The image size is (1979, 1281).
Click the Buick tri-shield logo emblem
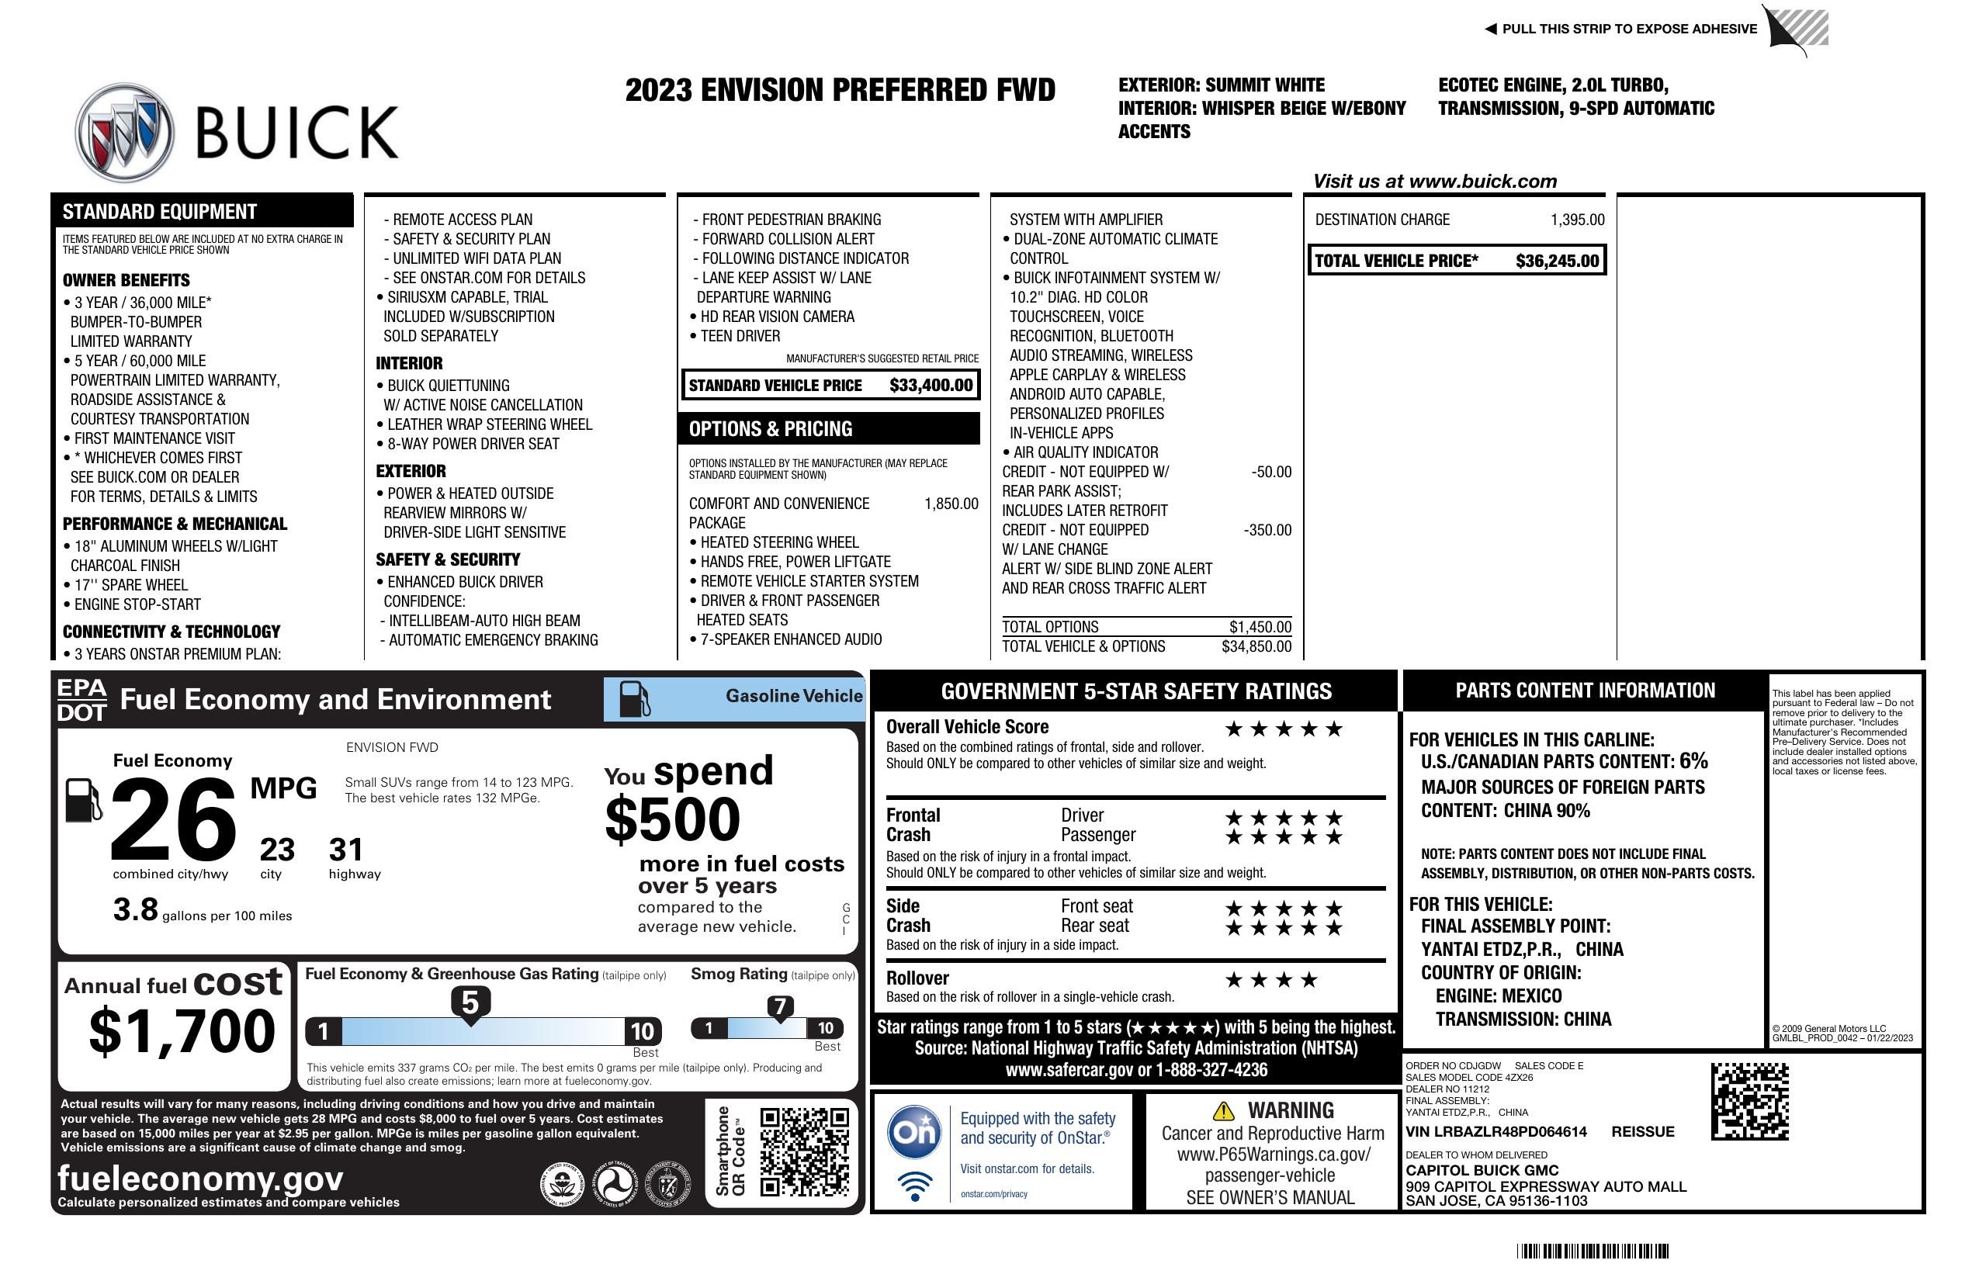(125, 131)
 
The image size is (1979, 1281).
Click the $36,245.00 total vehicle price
(1557, 261)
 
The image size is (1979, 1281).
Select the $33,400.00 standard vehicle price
(931, 385)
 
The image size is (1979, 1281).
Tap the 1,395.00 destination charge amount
(1576, 220)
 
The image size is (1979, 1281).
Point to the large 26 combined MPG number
(173, 819)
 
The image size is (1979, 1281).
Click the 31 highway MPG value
(346, 849)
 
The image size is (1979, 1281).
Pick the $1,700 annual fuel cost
(182, 1031)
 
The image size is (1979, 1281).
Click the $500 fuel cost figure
(672, 819)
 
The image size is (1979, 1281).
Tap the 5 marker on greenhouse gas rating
(470, 1003)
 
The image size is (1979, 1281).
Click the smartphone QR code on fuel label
(804, 1151)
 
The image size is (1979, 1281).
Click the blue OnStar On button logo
(914, 1131)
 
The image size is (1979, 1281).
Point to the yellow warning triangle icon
(1223, 1110)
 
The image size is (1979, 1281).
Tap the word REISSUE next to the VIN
(1642, 1131)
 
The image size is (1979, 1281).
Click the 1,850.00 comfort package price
(951, 504)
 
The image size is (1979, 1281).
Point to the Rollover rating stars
(1271, 980)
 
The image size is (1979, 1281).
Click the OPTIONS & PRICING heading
(770, 429)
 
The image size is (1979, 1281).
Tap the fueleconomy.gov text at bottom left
(199, 1179)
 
